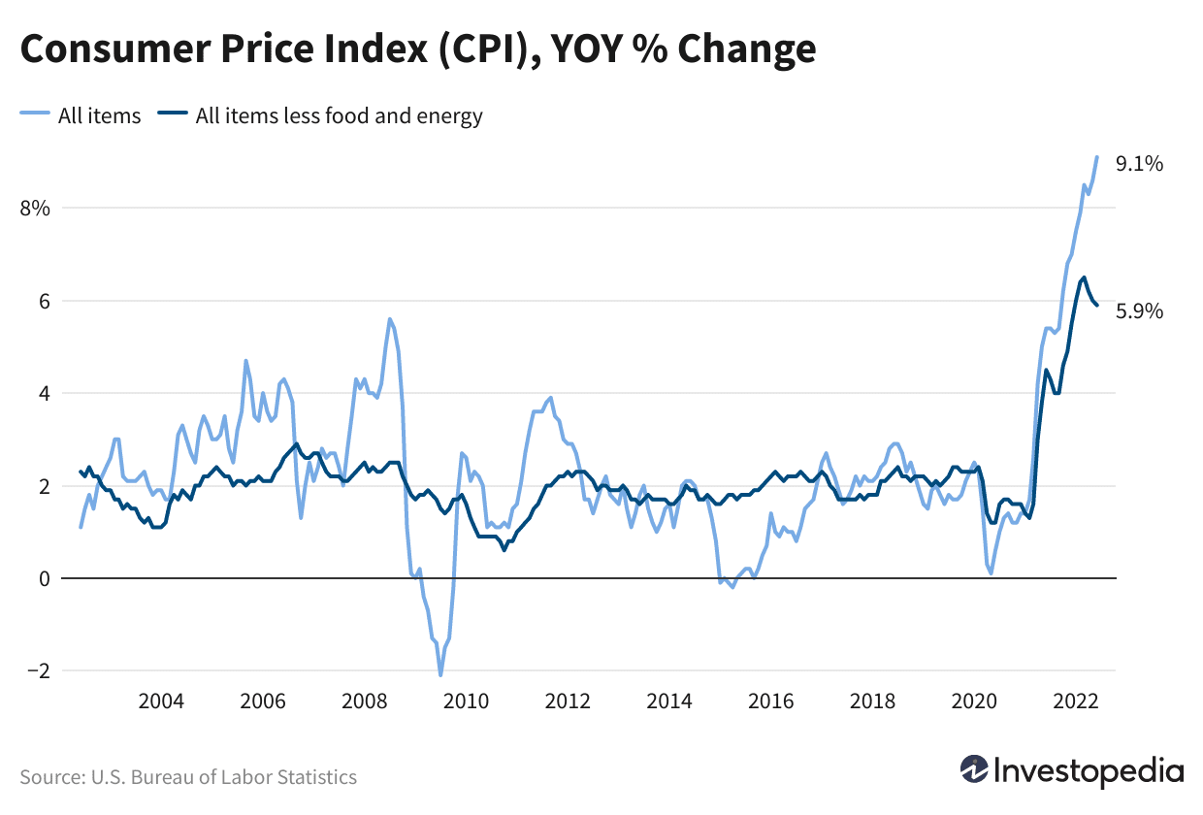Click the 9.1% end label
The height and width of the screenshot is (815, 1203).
coord(1139,164)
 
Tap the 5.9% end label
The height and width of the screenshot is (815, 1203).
coord(1139,311)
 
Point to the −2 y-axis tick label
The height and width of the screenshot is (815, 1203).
coord(39,671)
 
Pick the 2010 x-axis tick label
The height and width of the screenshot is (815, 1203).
coord(466,701)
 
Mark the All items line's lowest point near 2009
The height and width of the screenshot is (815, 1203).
coord(440,674)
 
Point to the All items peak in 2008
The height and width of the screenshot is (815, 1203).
coord(390,319)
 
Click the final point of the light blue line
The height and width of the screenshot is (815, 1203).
coord(1097,157)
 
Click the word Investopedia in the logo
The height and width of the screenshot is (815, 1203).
coord(1089,771)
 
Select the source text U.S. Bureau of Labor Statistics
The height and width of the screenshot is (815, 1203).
coord(223,777)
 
